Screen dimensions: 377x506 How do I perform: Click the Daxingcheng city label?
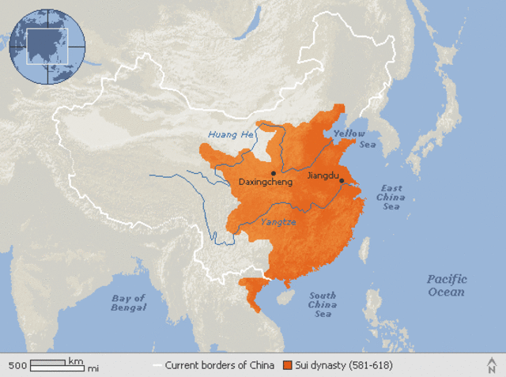pyautogui.click(x=266, y=183)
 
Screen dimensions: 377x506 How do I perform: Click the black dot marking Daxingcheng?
pyautogui.click(x=273, y=172)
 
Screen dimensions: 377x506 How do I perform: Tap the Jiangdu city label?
pyautogui.click(x=323, y=175)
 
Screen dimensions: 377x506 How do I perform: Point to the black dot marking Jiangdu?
pyautogui.click(x=342, y=181)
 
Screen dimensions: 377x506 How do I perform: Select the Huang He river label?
pyautogui.click(x=231, y=134)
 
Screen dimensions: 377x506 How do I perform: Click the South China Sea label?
pyautogui.click(x=322, y=305)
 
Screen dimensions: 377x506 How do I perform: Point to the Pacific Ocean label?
pyautogui.click(x=447, y=285)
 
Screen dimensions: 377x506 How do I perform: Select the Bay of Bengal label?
pyautogui.click(x=129, y=303)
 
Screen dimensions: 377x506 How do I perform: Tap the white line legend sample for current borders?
pyautogui.click(x=157, y=365)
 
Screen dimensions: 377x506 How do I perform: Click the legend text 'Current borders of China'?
pyautogui.click(x=219, y=365)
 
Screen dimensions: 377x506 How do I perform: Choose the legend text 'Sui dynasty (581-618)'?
pyautogui.click(x=343, y=365)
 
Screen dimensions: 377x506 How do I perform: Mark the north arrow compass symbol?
pyautogui.click(x=492, y=364)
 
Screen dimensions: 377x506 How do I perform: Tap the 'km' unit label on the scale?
pyautogui.click(x=75, y=361)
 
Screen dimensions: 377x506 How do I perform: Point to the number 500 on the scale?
pyautogui.click(x=18, y=366)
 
